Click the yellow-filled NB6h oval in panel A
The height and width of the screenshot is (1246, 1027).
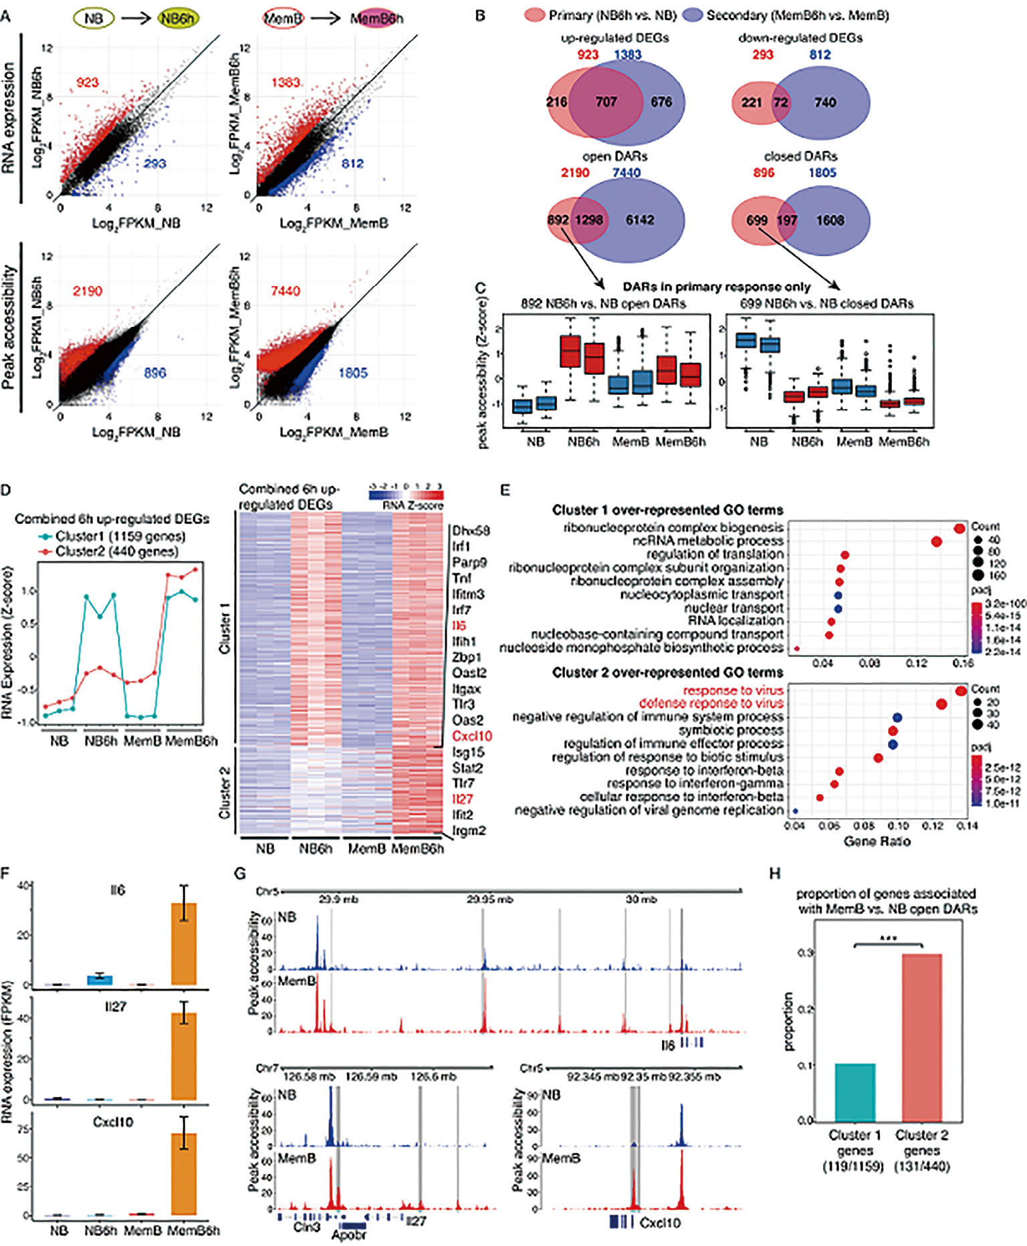(x=177, y=18)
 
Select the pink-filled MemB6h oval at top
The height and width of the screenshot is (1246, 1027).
(x=376, y=18)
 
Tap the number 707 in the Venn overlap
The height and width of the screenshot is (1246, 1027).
(x=606, y=102)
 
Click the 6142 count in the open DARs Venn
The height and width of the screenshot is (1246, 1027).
(x=640, y=220)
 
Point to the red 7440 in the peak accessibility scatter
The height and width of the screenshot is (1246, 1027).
(x=286, y=291)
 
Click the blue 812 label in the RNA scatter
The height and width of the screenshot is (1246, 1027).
(x=352, y=164)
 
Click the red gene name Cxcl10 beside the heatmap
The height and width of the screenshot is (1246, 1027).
(x=472, y=736)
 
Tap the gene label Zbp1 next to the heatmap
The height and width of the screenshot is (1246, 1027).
(x=466, y=657)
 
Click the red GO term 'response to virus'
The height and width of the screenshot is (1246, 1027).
(x=733, y=691)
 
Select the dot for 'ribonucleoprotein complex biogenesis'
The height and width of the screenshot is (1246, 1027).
(x=959, y=529)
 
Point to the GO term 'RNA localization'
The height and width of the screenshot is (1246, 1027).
(x=735, y=621)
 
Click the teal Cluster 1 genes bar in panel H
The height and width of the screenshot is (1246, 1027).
(x=855, y=1092)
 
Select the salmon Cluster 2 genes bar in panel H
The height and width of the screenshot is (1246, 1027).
(x=921, y=1037)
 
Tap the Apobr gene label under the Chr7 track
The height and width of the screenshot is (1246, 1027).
(x=349, y=1235)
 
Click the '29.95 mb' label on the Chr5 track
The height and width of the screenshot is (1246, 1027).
(x=489, y=899)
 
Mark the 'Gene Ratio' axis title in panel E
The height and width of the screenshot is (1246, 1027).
(x=877, y=842)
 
